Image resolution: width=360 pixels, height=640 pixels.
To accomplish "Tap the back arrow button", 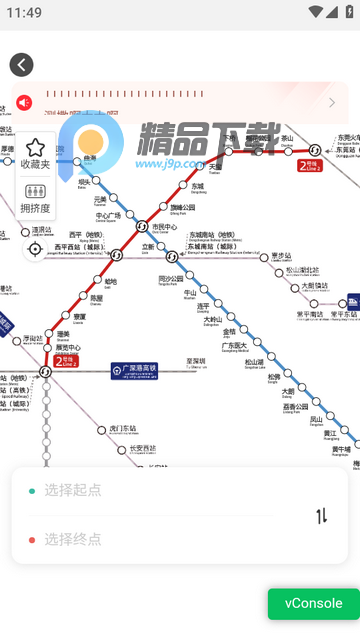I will pyautogui.click(x=21, y=65).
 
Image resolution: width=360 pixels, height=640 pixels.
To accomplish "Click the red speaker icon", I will pyautogui.click(x=24, y=102).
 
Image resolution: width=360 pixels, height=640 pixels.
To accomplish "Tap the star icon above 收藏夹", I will pyautogui.click(x=35, y=148).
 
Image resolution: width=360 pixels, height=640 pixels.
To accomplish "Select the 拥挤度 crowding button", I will pyautogui.click(x=35, y=197).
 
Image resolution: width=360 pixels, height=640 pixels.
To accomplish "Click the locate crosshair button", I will pyautogui.click(x=35, y=249).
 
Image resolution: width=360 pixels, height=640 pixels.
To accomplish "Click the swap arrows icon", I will pyautogui.click(x=322, y=516).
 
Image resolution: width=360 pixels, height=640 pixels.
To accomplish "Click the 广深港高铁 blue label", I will pyautogui.click(x=134, y=370).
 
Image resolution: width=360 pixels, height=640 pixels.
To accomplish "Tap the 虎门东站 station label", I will pyautogui.click(x=120, y=429).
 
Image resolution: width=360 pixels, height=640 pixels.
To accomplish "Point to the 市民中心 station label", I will pyautogui.click(x=164, y=227).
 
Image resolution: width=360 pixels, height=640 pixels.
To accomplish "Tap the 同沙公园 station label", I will pyautogui.click(x=171, y=279).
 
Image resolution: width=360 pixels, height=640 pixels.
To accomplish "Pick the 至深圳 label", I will pyautogui.click(x=196, y=361).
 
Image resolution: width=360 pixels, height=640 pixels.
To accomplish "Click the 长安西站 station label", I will pyautogui.click(x=143, y=449).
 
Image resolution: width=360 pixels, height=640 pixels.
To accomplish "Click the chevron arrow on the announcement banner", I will pyautogui.click(x=332, y=102).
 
